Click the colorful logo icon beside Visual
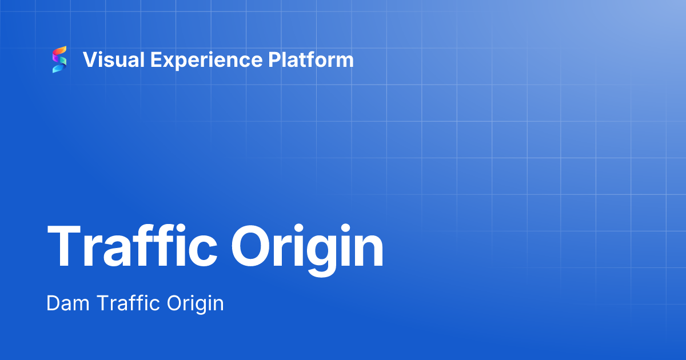[59, 59]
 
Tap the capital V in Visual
[90, 59]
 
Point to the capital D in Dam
[54, 303]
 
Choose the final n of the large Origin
[369, 251]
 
